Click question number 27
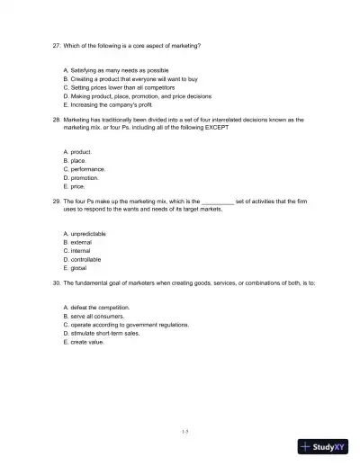[x=55, y=44]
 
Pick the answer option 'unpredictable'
[x=87, y=234]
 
